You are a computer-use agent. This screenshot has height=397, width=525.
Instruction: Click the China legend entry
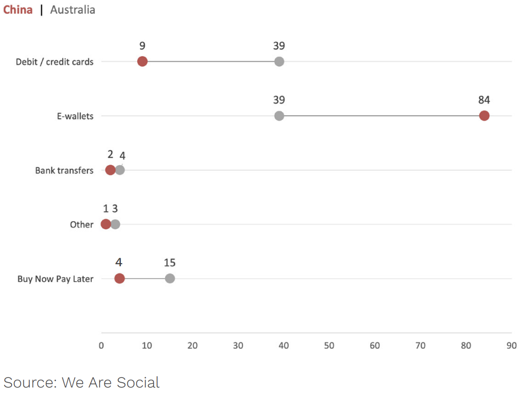point(17,10)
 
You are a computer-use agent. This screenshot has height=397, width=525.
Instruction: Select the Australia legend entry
point(73,10)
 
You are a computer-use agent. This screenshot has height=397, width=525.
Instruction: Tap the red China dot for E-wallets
point(484,116)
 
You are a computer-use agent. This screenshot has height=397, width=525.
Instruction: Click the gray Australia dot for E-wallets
point(279,116)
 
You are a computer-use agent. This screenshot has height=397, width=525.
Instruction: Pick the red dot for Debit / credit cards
point(143,61)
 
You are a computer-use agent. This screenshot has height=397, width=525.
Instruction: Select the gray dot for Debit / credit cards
point(279,61)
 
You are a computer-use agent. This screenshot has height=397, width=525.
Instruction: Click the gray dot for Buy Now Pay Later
point(170,278)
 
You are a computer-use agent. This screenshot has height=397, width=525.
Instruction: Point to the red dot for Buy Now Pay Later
point(120,278)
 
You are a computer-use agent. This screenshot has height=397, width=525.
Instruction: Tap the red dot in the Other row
point(106,224)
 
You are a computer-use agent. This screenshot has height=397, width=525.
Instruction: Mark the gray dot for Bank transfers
point(120,170)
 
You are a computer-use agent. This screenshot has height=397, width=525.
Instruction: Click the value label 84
point(484,100)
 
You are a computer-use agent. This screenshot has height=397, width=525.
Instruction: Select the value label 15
point(170,263)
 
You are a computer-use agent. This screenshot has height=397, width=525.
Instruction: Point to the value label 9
point(143,46)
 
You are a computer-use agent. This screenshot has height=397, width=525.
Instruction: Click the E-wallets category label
point(75,116)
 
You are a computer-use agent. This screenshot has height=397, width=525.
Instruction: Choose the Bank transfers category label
point(64,170)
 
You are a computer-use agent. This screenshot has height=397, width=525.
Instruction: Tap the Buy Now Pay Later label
point(55,279)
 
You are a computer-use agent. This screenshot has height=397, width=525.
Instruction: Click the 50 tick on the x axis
point(329,346)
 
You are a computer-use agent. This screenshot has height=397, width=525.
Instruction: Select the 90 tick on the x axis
point(511,346)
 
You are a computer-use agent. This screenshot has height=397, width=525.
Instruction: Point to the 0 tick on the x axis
point(101,346)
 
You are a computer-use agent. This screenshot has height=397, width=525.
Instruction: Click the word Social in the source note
point(136,382)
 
